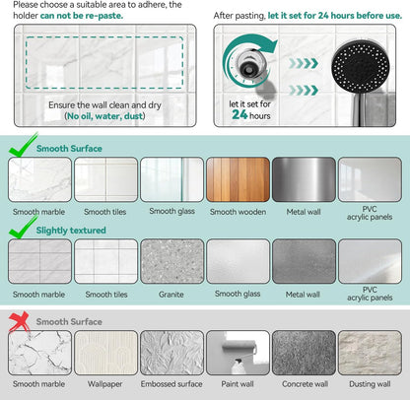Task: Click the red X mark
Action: click(x=19, y=322)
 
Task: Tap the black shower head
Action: click(x=361, y=66)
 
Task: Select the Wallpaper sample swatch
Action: click(x=105, y=353)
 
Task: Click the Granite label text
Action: click(x=171, y=295)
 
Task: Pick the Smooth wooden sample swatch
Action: click(x=238, y=179)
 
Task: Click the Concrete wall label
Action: click(x=305, y=384)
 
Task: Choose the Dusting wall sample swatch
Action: click(x=370, y=353)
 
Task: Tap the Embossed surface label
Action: click(x=171, y=384)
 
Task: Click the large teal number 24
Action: click(x=239, y=114)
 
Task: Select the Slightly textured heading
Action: click(x=71, y=231)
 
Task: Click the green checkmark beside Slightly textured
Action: click(x=23, y=227)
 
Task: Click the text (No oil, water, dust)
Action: click(x=104, y=116)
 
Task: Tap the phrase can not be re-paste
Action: click(x=82, y=16)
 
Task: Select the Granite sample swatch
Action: click(x=172, y=261)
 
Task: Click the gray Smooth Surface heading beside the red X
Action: click(x=69, y=321)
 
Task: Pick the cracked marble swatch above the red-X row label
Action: click(x=39, y=353)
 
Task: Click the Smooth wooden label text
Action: click(x=238, y=212)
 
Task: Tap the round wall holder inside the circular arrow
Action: click(x=248, y=64)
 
